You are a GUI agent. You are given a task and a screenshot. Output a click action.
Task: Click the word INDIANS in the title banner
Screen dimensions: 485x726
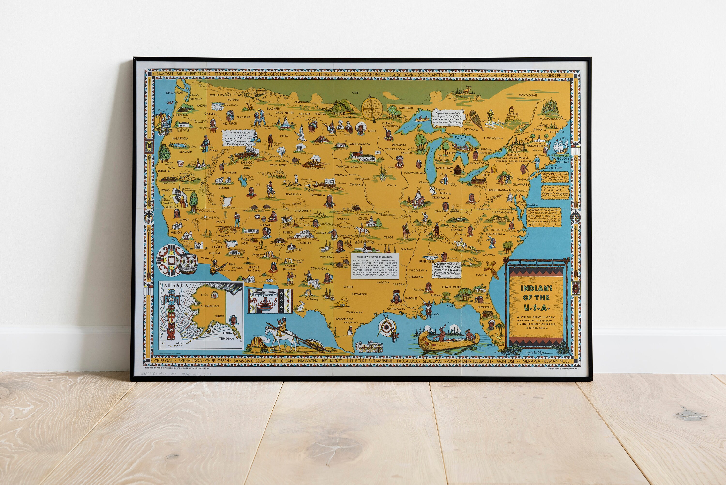point(536,289)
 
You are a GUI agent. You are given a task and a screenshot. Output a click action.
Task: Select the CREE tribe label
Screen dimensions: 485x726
point(355,93)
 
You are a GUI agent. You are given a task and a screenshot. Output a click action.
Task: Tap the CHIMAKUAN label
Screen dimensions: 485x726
point(174,93)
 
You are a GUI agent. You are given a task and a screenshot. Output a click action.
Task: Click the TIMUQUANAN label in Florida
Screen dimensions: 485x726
point(495,345)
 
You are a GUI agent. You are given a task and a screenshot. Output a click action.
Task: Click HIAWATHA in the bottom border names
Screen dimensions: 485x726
point(308,361)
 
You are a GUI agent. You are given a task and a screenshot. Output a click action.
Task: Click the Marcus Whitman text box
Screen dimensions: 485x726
point(239,138)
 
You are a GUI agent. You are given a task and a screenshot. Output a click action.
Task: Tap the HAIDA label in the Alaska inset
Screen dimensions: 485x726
point(227,333)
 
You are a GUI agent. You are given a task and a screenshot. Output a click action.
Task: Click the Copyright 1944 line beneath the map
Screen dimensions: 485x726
point(562,368)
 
